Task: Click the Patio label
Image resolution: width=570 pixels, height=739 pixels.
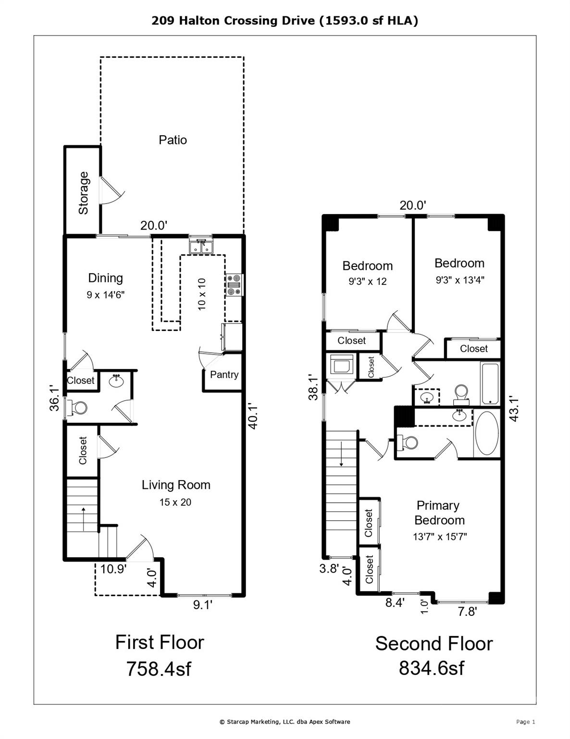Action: [x=173, y=140]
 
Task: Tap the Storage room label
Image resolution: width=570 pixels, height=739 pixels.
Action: [x=84, y=193]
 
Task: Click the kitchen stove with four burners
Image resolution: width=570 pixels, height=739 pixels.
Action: [x=235, y=285]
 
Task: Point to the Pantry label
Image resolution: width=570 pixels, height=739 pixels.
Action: [x=224, y=375]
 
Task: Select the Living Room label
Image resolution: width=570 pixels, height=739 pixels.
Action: [x=176, y=485]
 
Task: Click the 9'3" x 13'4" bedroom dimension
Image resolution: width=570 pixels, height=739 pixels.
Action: [x=460, y=280]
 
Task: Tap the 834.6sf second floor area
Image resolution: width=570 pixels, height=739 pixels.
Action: [x=432, y=668]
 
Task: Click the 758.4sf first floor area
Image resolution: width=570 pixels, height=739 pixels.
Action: [x=159, y=669]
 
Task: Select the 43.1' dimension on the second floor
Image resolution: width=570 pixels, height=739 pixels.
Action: [x=514, y=409]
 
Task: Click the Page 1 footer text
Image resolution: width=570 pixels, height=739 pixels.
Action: [x=525, y=722]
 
